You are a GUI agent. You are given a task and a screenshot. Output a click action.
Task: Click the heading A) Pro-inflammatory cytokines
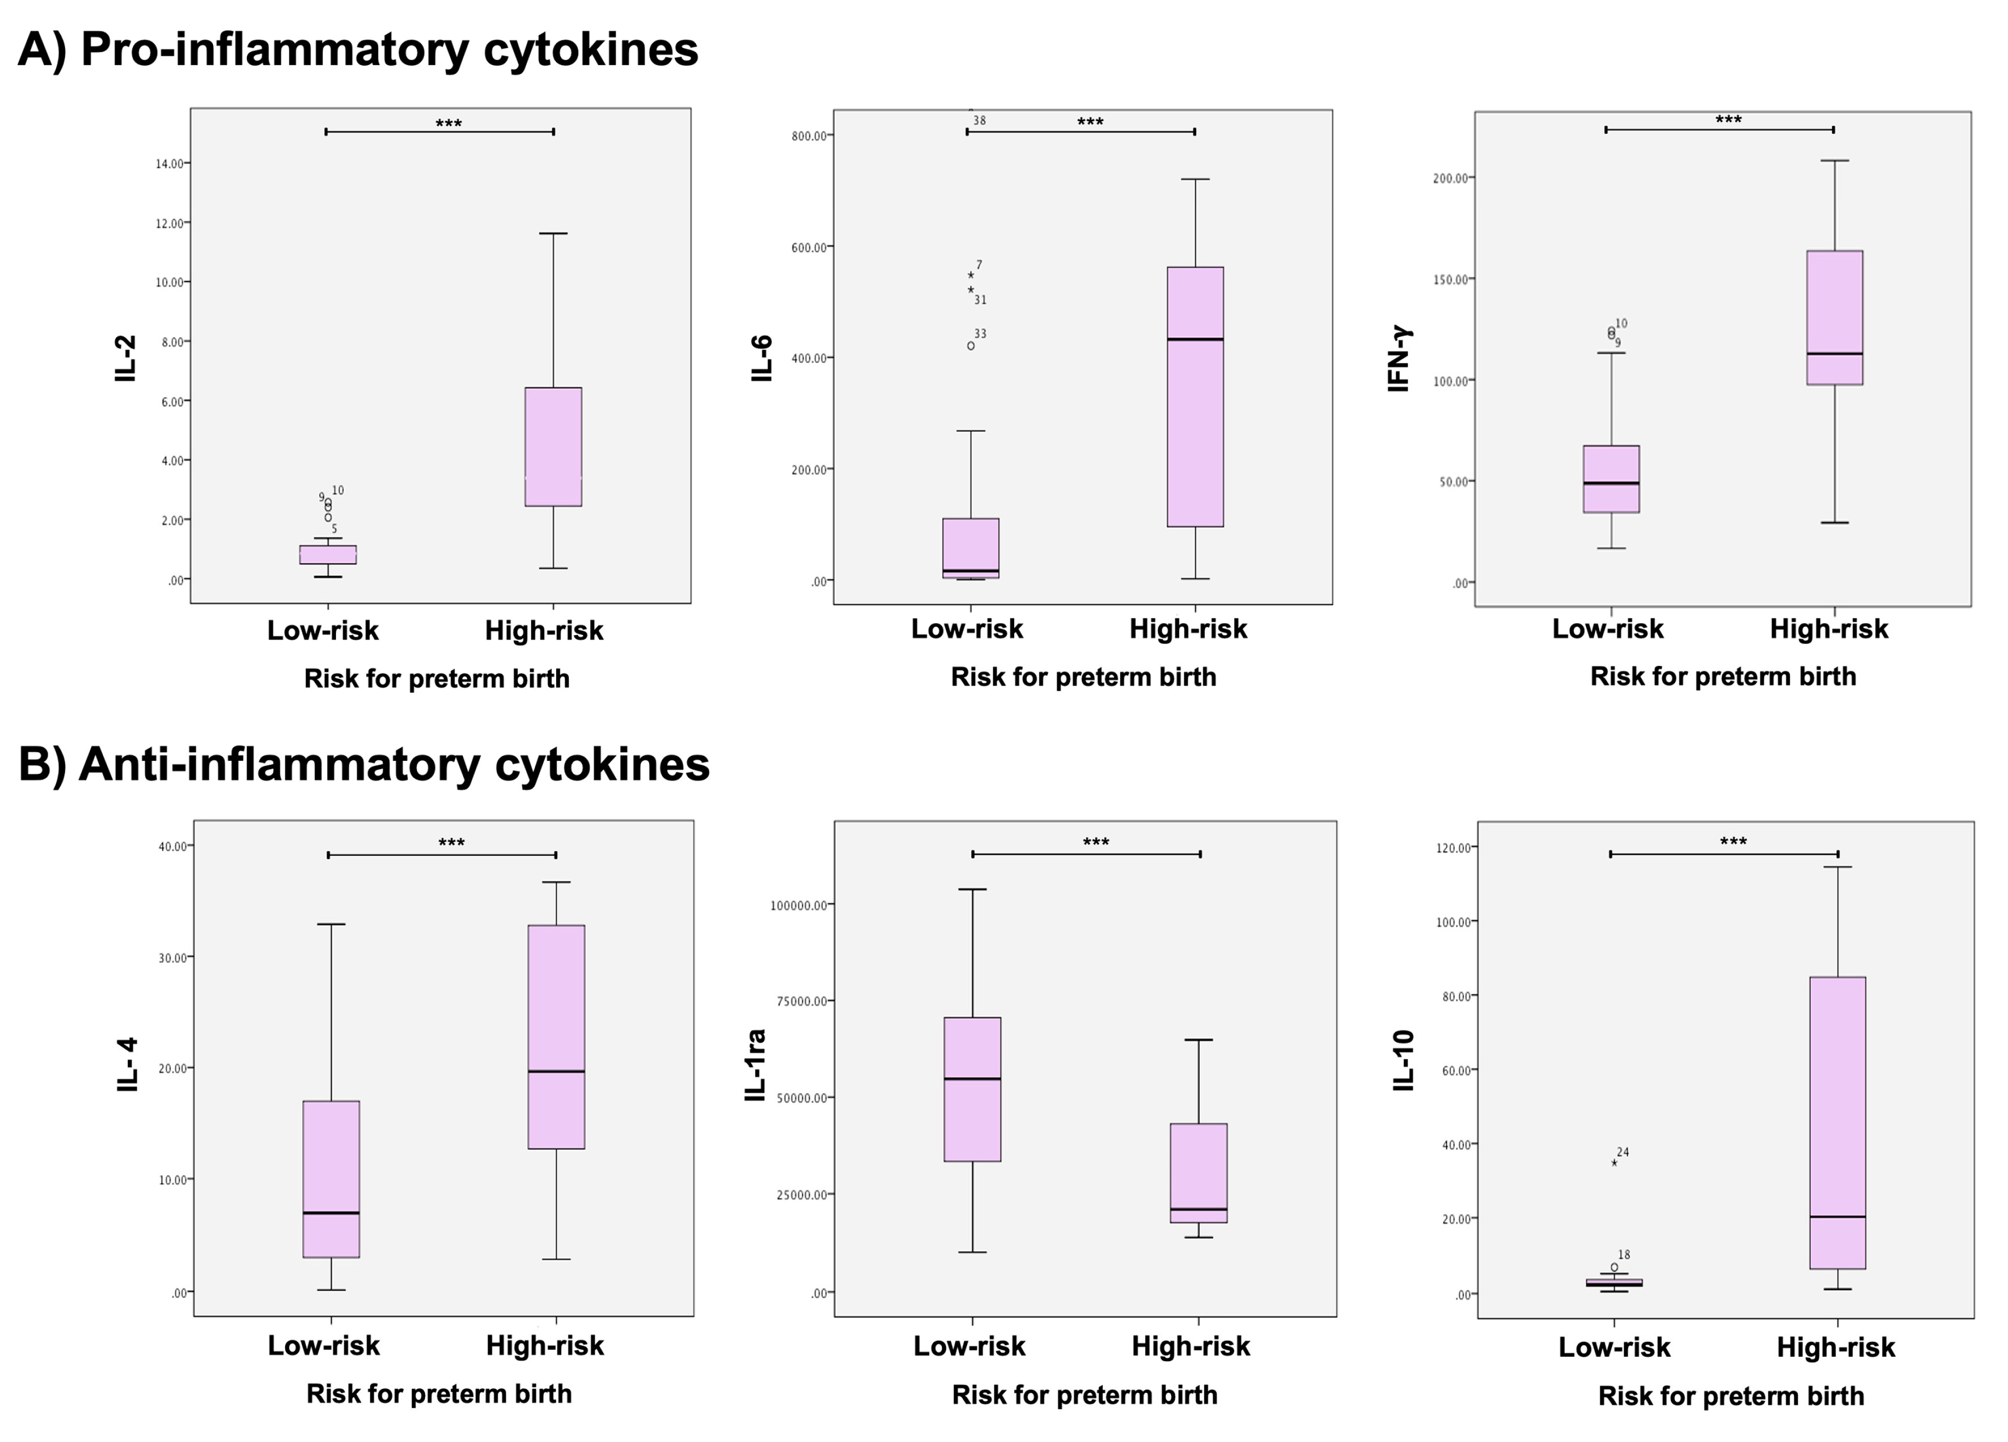[358, 50]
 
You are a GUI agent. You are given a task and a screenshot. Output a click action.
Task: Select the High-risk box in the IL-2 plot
[553, 446]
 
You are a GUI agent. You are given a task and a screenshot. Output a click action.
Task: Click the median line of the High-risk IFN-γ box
[1834, 354]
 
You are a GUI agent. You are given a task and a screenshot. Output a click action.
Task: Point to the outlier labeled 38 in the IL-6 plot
[972, 111]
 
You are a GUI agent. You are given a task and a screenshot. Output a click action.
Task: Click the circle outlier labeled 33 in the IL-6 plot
[971, 346]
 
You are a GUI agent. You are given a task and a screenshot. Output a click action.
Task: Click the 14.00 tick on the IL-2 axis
[170, 164]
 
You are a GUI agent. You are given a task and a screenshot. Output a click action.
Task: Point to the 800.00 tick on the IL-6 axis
[809, 135]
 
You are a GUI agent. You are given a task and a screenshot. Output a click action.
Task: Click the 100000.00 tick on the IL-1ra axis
[799, 906]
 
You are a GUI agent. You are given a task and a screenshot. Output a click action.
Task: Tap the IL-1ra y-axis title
[755, 1065]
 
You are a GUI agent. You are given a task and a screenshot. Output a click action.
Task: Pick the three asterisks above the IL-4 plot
[451, 843]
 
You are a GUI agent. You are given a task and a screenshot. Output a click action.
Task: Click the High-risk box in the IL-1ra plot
[1199, 1172]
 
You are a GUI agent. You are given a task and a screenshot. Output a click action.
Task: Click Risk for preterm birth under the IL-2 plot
[437, 679]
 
